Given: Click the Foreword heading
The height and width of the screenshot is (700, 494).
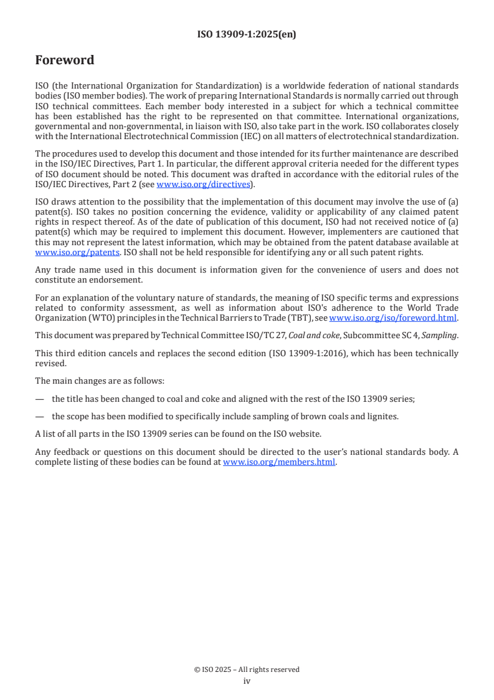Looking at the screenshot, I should [x=64, y=61].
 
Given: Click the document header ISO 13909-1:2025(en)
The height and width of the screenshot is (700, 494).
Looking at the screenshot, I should [x=247, y=35].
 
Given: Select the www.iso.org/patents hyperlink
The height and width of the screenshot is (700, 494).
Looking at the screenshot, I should [x=59, y=253].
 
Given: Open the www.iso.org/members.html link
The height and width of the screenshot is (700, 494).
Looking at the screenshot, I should [x=279, y=462].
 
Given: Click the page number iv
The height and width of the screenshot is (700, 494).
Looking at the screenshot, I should [x=247, y=681].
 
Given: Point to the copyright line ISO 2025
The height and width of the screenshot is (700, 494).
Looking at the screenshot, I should [x=247, y=669].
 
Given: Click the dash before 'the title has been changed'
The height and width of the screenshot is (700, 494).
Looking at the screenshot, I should [x=39, y=399].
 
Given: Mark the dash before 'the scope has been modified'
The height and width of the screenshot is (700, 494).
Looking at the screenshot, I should [x=39, y=417].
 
